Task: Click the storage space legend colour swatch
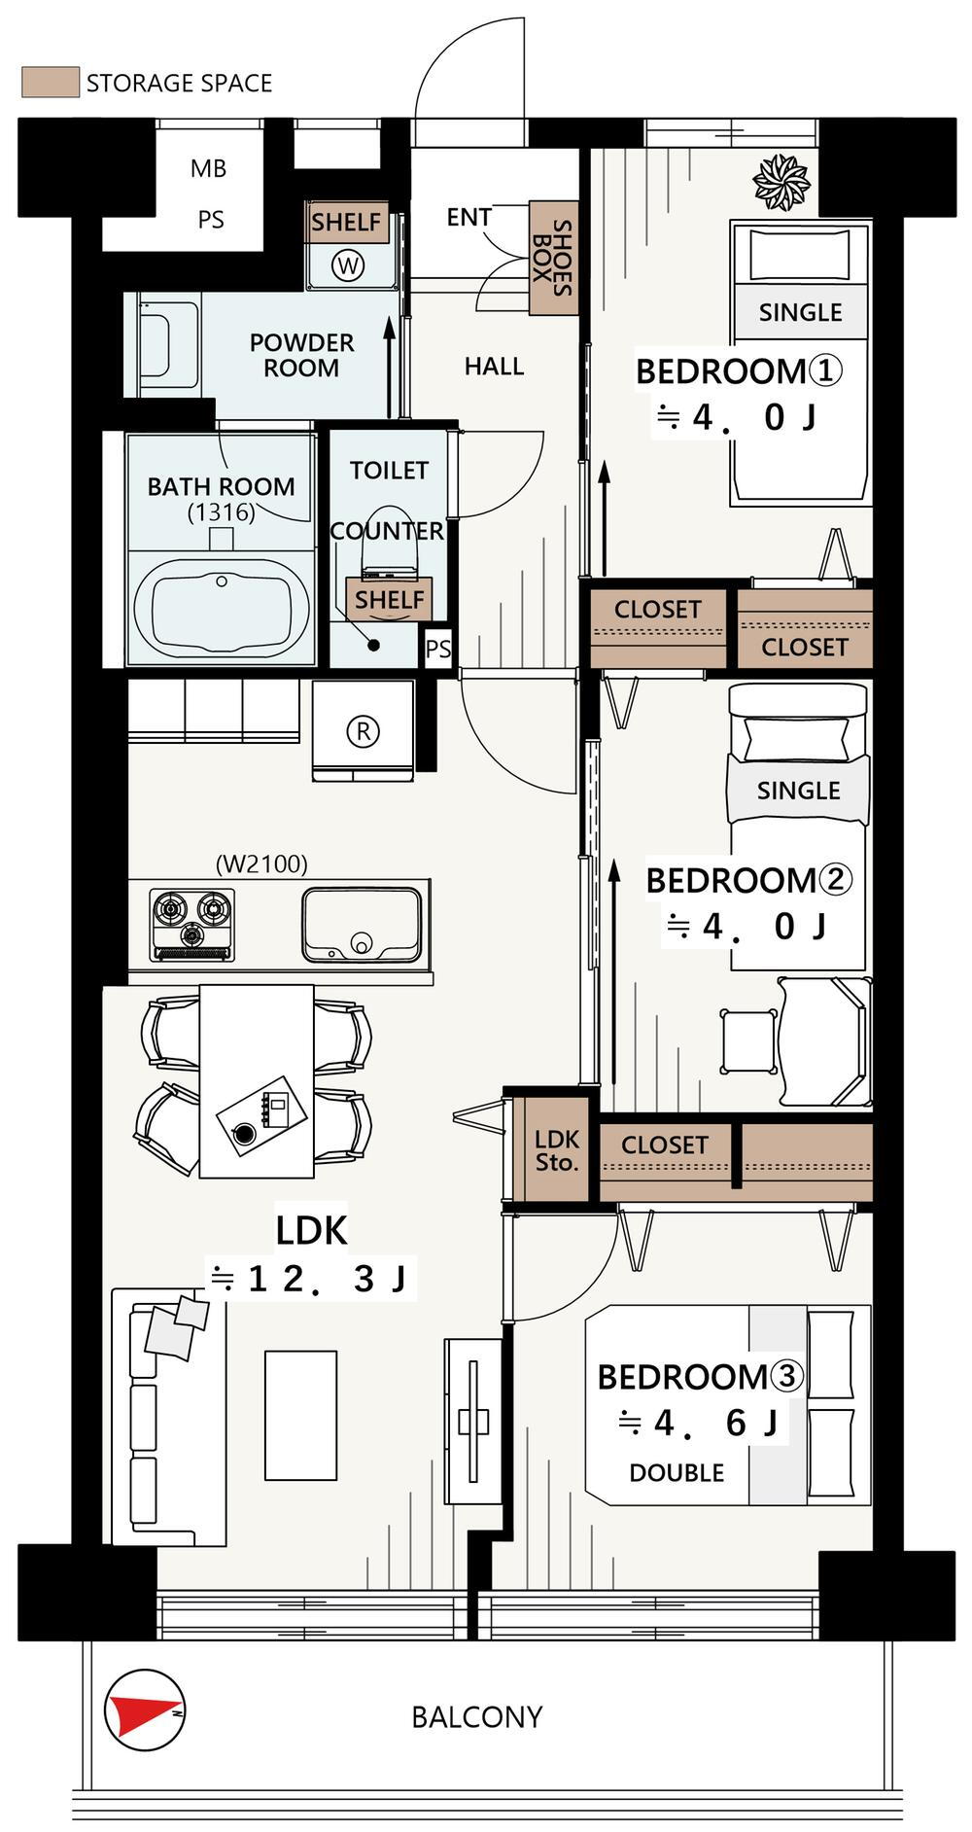(x=50, y=82)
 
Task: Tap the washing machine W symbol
(x=348, y=264)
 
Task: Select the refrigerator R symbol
(x=363, y=730)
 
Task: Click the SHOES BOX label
(x=553, y=258)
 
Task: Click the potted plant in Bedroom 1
(x=781, y=181)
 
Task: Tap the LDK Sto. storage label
(x=557, y=1150)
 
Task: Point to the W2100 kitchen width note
(x=261, y=863)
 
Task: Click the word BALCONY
(x=477, y=1716)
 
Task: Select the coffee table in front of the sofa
(x=301, y=1415)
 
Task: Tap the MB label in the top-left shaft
(x=208, y=168)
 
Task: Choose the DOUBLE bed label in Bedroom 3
(x=677, y=1472)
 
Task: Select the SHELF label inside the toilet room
(x=389, y=600)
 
